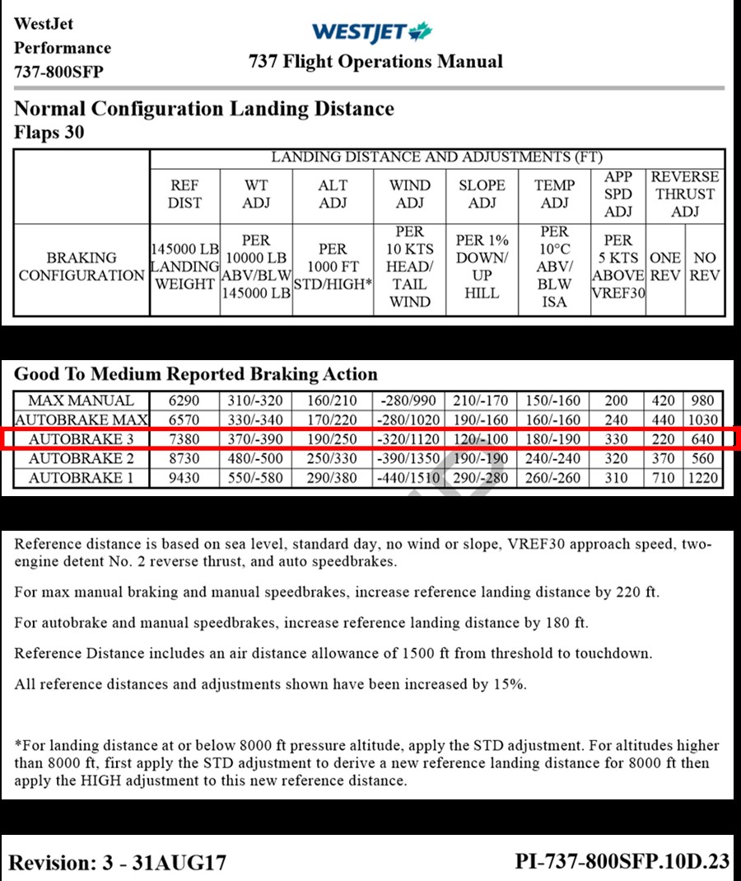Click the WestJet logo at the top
(371, 32)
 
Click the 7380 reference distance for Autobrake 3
(184, 439)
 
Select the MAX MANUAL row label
(81, 401)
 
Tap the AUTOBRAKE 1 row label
(81, 478)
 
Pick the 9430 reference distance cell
(184, 478)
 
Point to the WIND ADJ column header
(409, 194)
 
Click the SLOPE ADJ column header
(482, 194)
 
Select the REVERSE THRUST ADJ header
(684, 194)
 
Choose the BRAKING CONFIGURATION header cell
(81, 266)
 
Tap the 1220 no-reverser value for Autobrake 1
(704, 478)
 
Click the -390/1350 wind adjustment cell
(409, 459)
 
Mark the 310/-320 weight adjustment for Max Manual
(256, 401)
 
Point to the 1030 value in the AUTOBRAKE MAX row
(704, 420)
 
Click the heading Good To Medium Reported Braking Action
(196, 373)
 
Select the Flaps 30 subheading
(49, 132)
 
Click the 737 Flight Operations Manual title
(375, 62)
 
